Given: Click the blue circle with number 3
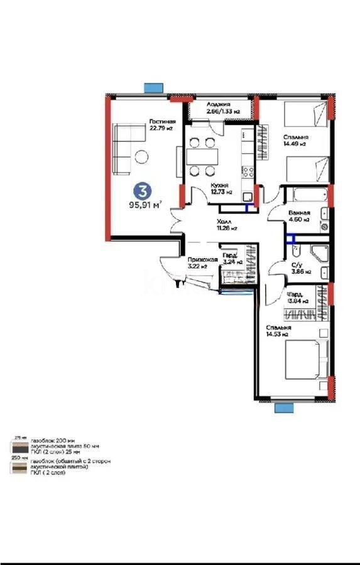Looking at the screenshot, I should tap(144, 189).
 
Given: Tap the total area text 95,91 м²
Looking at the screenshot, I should tap(145, 203).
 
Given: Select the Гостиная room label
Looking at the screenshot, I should tap(161, 122).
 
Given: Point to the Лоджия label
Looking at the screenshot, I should tap(219, 104).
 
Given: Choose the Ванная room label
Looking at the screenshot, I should tap(299, 213).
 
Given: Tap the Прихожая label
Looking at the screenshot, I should tap(202, 259).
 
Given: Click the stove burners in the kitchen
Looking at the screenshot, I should tap(248, 171).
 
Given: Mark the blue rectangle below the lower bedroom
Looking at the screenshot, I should tap(284, 408).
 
